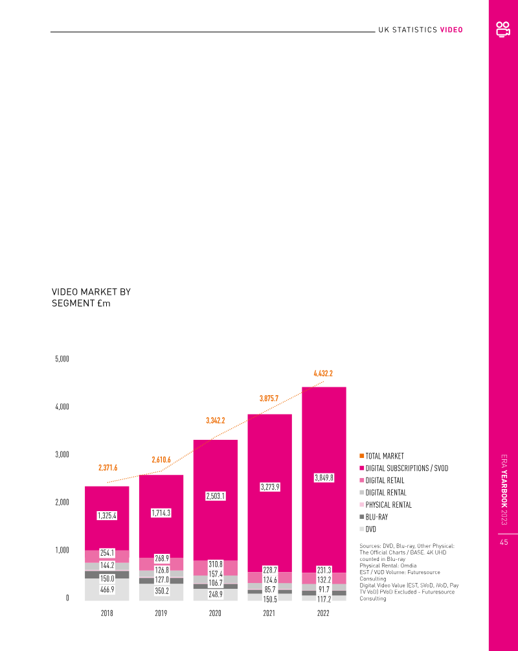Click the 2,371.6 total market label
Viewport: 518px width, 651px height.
[x=107, y=467]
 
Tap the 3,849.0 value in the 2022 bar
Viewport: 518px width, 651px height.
[x=324, y=477]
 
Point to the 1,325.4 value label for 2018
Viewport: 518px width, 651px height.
[x=107, y=516]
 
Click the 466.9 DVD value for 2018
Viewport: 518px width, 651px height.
[x=107, y=590]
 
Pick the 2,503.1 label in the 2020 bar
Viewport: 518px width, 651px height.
[x=216, y=496]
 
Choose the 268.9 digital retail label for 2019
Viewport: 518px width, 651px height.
[x=161, y=558]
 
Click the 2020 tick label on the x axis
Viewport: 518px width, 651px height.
[x=216, y=612]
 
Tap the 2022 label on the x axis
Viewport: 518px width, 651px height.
[x=324, y=612]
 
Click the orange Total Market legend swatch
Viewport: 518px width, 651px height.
[x=361, y=456]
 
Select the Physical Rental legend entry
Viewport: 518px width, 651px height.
[x=388, y=505]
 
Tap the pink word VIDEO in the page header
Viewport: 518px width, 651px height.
[x=451, y=30]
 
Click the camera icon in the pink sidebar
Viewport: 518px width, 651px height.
[x=503, y=29]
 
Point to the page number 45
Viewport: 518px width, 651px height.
[x=503, y=543]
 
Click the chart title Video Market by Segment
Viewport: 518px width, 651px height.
[x=91, y=297]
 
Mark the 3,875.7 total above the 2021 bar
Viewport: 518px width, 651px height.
[x=269, y=398]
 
